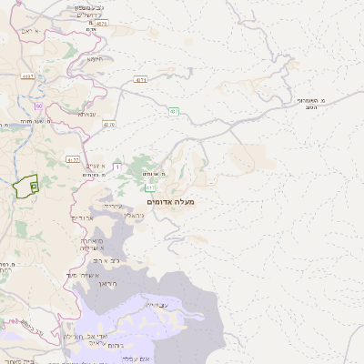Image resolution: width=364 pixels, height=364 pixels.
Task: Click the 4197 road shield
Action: coord(28,77)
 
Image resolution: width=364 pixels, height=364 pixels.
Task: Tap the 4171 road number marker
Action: coord(141,80)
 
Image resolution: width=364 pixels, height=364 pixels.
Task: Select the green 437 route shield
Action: coord(174,111)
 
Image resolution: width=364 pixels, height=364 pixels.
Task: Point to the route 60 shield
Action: coord(39,106)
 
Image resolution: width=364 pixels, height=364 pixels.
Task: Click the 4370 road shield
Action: coord(109,124)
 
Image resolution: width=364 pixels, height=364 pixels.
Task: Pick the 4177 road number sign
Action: coord(74,159)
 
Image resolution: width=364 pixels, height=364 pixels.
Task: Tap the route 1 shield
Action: coord(116,167)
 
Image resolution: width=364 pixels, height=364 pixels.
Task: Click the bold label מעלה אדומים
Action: coord(170,201)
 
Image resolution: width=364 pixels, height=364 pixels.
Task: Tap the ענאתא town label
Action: coord(87,114)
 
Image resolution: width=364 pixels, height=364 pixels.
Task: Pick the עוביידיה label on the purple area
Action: coord(157,305)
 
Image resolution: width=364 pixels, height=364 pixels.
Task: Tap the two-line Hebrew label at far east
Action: coord(311,102)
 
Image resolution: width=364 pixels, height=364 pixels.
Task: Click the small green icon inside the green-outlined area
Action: coord(34,186)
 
